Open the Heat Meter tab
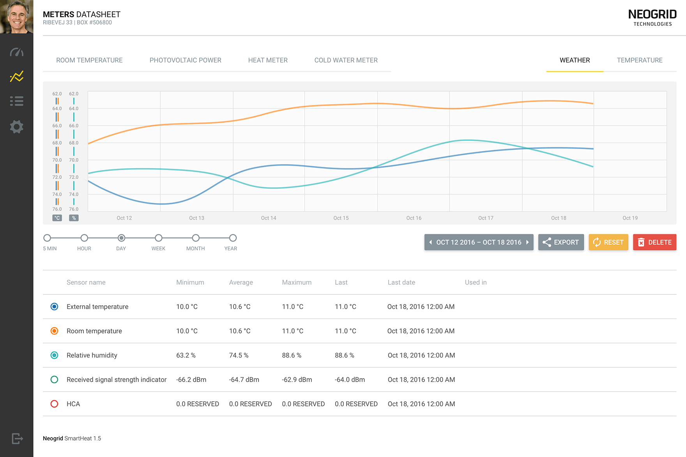pos(268,60)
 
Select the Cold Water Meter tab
pos(346,60)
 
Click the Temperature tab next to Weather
pos(640,60)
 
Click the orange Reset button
pos(608,242)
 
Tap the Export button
pos(561,242)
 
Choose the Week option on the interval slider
pos(158,238)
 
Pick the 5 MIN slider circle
pos(47,238)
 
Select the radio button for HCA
pos(55,404)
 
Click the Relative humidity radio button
pos(55,355)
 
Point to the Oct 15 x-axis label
pos(341,218)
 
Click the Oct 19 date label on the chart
pos(630,218)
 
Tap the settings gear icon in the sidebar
pos(17,127)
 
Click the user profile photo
pos(17,17)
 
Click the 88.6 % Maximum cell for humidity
pos(292,355)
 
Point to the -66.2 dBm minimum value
pos(191,379)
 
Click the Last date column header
pos(401,282)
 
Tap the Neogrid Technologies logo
pos(652,18)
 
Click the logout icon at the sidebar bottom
pos(17,438)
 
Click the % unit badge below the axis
pos(74,218)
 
